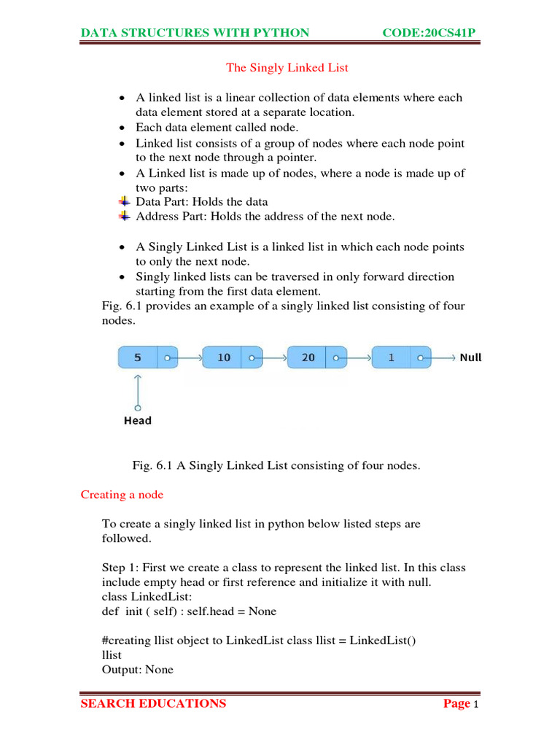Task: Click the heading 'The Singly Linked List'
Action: coord(287,68)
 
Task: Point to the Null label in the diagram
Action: coord(470,358)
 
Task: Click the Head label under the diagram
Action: coord(138,420)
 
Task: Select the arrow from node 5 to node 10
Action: coord(188,358)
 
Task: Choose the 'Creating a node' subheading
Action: coord(122,495)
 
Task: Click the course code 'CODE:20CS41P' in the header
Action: coord(434,33)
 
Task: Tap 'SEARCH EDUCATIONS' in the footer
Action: coord(153,704)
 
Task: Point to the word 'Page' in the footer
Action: coord(456,704)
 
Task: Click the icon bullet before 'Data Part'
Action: coord(124,201)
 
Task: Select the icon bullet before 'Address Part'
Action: coord(124,216)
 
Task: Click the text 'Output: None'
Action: coord(138,669)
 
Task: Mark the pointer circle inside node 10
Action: coord(252,358)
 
